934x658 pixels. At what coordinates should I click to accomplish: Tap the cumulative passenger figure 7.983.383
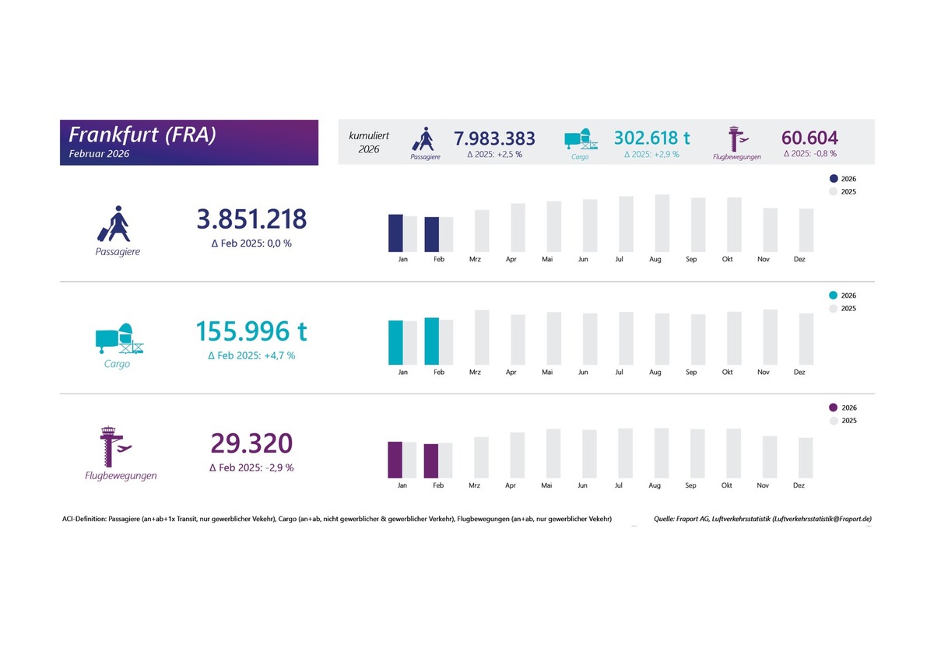tap(494, 138)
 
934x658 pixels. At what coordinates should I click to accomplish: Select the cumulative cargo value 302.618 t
tap(651, 138)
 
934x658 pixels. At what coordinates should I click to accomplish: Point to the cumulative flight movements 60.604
tap(809, 138)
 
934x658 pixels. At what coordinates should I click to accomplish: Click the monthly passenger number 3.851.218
tap(251, 219)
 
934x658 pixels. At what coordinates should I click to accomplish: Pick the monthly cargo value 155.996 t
tap(251, 331)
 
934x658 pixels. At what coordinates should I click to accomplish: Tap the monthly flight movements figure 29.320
tap(251, 443)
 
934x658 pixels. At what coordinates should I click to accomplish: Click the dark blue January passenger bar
tap(395, 233)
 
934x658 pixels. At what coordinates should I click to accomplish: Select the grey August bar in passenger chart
tap(662, 223)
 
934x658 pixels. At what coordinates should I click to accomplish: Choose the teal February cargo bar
tap(431, 341)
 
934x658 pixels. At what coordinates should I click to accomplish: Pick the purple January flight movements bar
tap(395, 460)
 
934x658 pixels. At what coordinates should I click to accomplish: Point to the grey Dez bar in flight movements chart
tap(806, 458)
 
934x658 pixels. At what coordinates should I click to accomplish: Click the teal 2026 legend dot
tap(834, 296)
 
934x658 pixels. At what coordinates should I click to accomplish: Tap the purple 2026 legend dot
tap(834, 408)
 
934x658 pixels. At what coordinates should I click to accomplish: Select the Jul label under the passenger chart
tap(619, 260)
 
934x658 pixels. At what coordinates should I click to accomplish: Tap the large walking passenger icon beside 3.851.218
tap(114, 224)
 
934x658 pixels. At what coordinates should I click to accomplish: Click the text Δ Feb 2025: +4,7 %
tap(251, 355)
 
